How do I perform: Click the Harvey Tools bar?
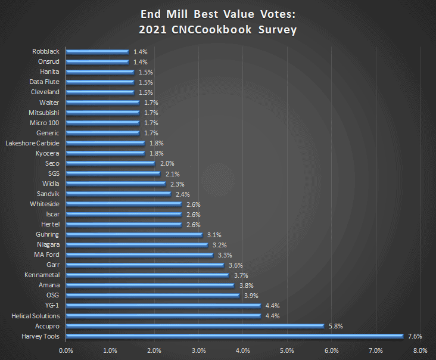(234, 336)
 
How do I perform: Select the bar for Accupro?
(194, 326)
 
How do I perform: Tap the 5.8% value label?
(335, 326)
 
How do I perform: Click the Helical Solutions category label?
(35, 316)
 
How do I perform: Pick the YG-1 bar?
(163, 306)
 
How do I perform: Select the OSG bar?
(152, 296)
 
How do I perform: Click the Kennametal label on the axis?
(42, 275)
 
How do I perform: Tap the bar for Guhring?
(135, 235)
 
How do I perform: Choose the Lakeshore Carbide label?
(32, 143)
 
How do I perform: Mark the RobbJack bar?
(97, 52)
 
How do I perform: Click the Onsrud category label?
(48, 62)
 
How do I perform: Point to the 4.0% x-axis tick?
(243, 350)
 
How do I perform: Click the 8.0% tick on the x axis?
(420, 350)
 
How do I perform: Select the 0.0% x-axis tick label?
(66, 350)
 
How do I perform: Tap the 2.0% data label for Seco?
(167, 163)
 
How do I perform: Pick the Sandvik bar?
(119, 194)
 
